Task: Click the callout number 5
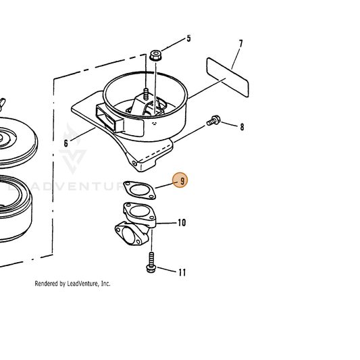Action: pyautogui.click(x=188, y=38)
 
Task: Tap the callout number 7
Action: pyautogui.click(x=240, y=44)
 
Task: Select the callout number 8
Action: pyautogui.click(x=242, y=127)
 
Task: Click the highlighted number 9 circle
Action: pyautogui.click(x=180, y=180)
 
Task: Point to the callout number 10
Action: pyautogui.click(x=182, y=222)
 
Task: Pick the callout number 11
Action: pyautogui.click(x=182, y=272)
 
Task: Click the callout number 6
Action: pyautogui.click(x=66, y=143)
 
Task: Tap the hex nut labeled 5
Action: pyautogui.click(x=155, y=56)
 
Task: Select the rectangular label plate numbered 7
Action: pyautogui.click(x=228, y=78)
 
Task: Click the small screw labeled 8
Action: pyautogui.click(x=213, y=120)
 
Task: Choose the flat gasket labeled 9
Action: pyautogui.click(x=140, y=190)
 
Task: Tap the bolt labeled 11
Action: pyautogui.click(x=151, y=263)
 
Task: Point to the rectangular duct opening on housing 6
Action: pyautogui.click(x=110, y=118)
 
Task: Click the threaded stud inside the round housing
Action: pyautogui.click(x=145, y=94)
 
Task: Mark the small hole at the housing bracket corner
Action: pyautogui.click(x=134, y=163)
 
